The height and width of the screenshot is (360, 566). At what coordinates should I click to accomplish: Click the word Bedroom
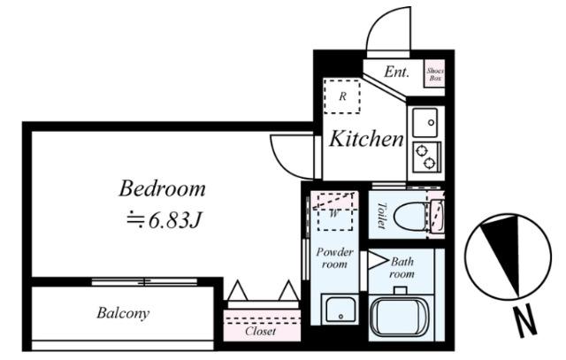[x=162, y=189]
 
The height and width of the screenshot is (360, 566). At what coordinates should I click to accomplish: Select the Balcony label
[x=123, y=313]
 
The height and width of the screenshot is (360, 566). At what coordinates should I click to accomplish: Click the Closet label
[x=260, y=331]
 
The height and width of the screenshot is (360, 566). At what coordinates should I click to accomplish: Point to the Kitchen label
[x=366, y=139]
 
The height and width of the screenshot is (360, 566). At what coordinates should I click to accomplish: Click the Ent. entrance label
[x=396, y=72]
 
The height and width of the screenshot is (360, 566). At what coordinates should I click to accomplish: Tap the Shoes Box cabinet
[x=434, y=73]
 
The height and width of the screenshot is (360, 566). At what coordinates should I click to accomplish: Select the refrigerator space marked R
[x=342, y=96]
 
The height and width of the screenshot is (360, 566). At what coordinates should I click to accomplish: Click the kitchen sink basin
[x=425, y=122]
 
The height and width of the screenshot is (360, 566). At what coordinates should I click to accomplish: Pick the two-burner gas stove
[x=426, y=157]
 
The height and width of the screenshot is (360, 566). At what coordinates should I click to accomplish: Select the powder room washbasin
[x=340, y=309]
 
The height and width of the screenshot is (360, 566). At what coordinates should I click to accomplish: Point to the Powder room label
[x=334, y=257]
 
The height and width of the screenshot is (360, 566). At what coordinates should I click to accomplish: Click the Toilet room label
[x=381, y=216]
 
